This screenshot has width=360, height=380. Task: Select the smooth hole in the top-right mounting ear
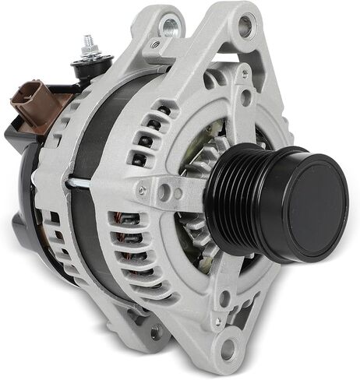246,28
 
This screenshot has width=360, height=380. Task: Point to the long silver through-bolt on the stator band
86,182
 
